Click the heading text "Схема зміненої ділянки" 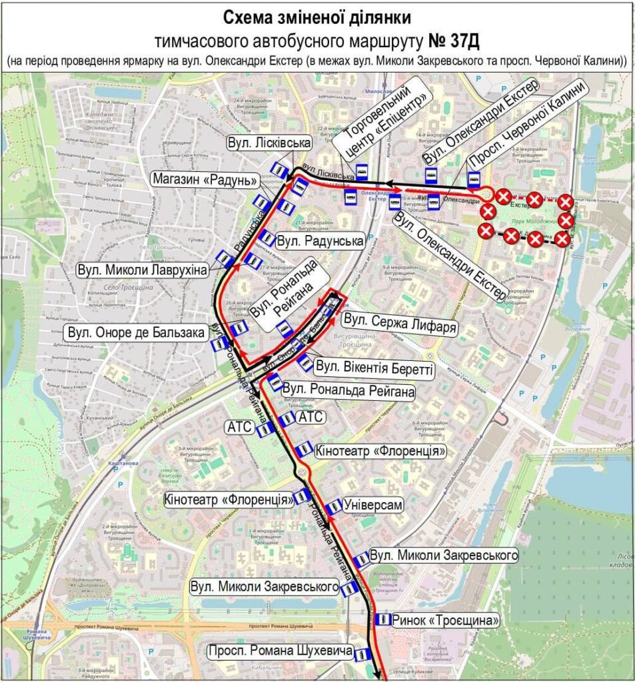coord(317,17)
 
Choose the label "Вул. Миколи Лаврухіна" coord(143,271)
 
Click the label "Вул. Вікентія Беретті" coord(374,367)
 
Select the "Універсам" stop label coord(374,506)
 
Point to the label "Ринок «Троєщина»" coord(446,621)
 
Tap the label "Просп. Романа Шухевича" coord(280,652)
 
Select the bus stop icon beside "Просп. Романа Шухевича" coord(362,655)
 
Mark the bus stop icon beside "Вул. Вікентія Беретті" coord(304,363)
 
